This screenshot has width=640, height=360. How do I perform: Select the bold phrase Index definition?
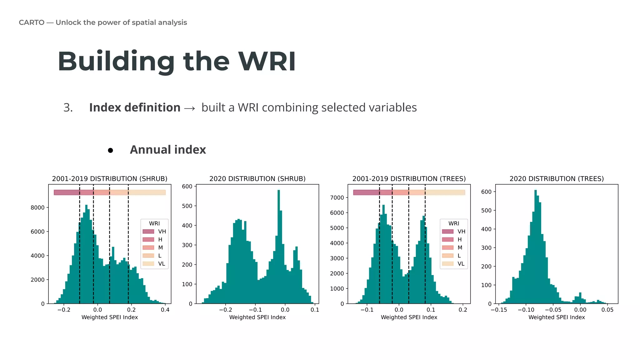click(x=135, y=107)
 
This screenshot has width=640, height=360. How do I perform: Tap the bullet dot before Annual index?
click(x=110, y=150)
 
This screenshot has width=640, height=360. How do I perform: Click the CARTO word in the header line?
click(x=32, y=22)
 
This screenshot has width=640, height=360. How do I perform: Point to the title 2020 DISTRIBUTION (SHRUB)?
click(x=257, y=179)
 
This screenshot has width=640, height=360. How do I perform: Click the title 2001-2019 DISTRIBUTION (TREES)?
click(x=409, y=179)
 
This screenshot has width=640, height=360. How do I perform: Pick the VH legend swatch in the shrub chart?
click(x=148, y=232)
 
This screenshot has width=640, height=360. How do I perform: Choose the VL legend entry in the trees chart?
click(x=461, y=264)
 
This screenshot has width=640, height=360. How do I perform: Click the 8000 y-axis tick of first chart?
click(x=37, y=207)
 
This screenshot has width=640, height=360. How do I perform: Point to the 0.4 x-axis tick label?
click(x=165, y=310)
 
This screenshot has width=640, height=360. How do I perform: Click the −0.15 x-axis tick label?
click(x=498, y=310)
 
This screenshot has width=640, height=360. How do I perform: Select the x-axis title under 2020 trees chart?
click(x=557, y=317)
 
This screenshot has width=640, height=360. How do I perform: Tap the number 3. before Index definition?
click(x=68, y=107)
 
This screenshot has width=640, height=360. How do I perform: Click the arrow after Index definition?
click(x=190, y=108)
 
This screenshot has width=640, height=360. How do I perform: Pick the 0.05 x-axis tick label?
click(x=607, y=310)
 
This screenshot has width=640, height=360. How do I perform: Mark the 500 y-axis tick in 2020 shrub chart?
click(x=187, y=206)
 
